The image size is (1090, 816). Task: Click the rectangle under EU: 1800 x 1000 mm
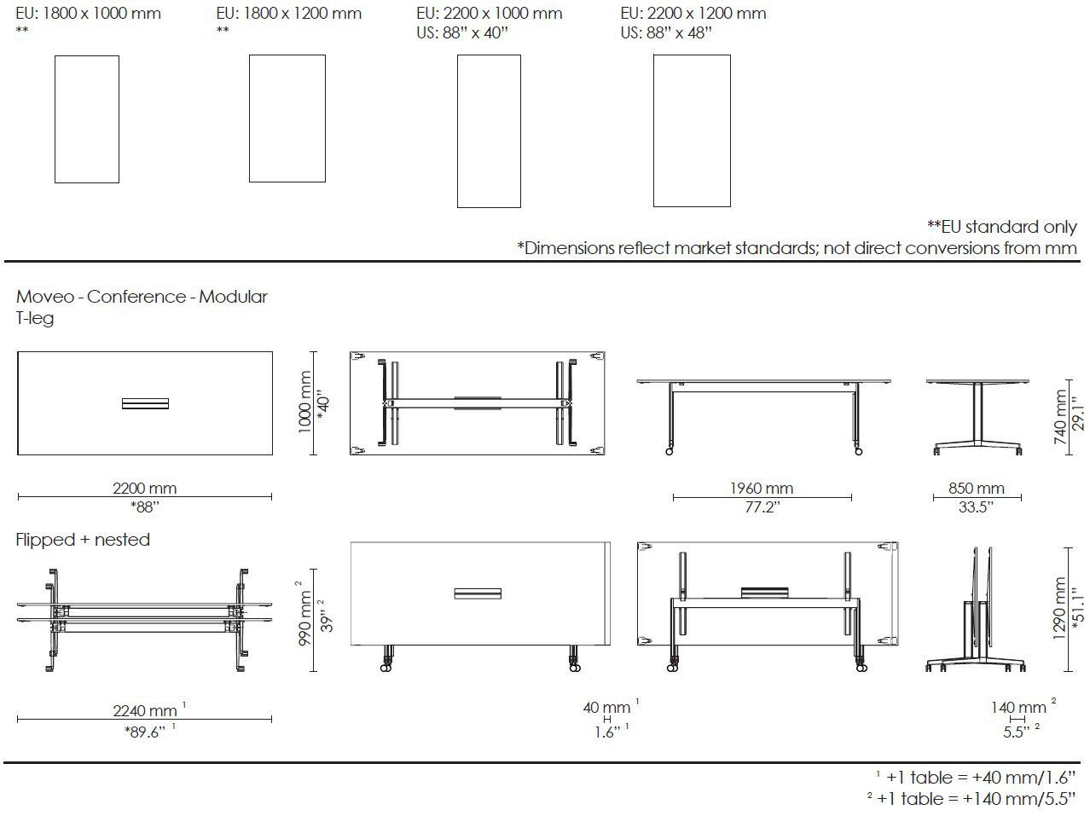pos(86,119)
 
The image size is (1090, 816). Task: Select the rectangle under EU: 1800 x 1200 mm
pos(287,119)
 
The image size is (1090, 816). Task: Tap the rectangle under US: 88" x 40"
pos(489,131)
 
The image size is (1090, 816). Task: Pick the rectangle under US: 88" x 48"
pos(692,130)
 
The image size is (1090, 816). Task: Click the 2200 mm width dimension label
pos(145,489)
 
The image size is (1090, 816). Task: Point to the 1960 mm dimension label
pos(761,489)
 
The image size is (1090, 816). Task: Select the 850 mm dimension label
pos(976,489)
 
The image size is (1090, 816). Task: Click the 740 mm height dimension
pos(1060,418)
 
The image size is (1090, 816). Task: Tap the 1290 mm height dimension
pos(1060,609)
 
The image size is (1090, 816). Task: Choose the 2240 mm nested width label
pos(145,710)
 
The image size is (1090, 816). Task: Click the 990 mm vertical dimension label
pos(304,614)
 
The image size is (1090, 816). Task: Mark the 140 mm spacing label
pos(1018,707)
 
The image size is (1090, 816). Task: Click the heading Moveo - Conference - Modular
pos(142,297)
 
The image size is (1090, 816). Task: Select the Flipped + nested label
pos(83,540)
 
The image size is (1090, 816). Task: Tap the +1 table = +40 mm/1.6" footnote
pos(977,777)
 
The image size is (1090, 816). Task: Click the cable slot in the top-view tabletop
pos(145,403)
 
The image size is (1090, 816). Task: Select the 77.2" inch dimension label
pos(761,508)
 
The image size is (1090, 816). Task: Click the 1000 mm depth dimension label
pos(304,402)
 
